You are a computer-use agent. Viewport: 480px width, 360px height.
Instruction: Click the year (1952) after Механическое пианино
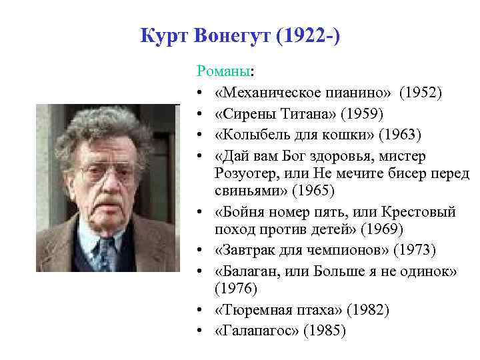(416, 91)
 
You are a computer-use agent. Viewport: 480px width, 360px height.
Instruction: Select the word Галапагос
(254, 331)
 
